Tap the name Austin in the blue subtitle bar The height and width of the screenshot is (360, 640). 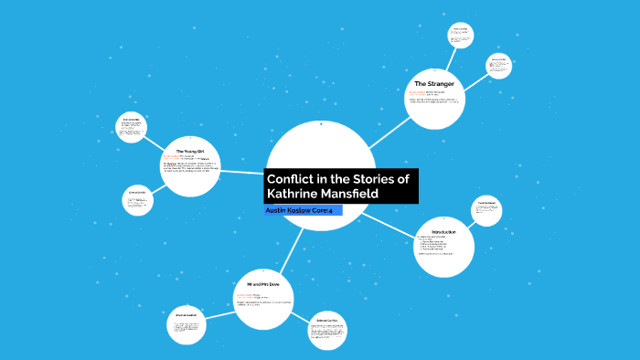(x=278, y=211)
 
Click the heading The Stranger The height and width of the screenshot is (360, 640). (x=435, y=84)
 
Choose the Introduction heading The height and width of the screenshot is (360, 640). (x=443, y=232)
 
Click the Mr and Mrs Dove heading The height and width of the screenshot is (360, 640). (x=261, y=286)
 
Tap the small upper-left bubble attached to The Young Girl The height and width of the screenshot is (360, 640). (x=132, y=126)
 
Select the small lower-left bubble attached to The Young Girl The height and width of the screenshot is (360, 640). (x=138, y=201)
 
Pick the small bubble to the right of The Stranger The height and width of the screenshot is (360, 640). (x=498, y=66)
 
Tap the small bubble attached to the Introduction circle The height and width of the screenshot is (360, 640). (x=485, y=210)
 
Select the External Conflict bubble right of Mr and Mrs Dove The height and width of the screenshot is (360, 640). (x=327, y=330)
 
